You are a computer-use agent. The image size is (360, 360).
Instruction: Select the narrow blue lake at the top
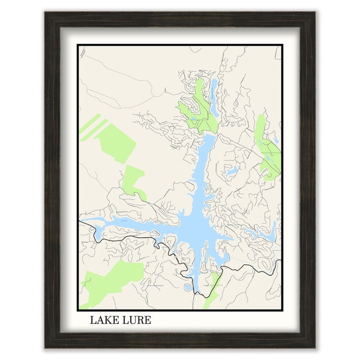pyautogui.click(x=213, y=90)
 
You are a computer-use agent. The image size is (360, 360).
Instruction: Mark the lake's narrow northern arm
pyautogui.click(x=204, y=156)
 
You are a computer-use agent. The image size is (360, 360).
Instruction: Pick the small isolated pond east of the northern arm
pyautogui.click(x=231, y=172)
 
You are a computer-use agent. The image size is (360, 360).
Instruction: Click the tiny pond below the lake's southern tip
pyautogui.click(x=187, y=288)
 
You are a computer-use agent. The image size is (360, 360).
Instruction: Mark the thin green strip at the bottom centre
pyautogui.click(x=211, y=291)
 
